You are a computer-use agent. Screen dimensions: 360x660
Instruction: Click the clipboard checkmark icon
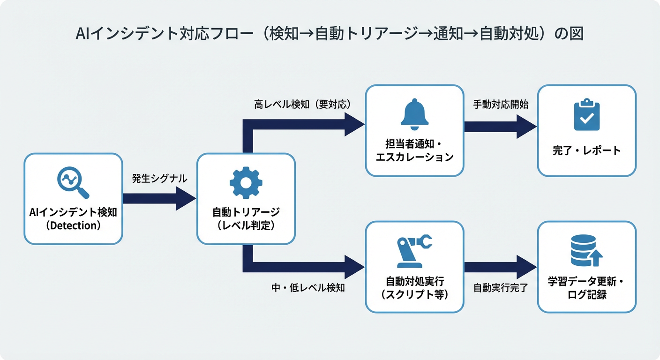click(586, 114)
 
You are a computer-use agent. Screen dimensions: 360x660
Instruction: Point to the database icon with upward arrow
click(586, 251)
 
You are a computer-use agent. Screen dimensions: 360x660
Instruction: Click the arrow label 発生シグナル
click(159, 178)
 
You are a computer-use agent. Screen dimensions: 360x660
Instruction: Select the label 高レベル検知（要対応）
click(303, 104)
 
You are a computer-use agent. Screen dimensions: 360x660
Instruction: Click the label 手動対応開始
click(501, 104)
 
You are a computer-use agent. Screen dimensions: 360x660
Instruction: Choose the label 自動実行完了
click(501, 287)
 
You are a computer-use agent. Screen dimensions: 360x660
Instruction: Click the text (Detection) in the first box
click(73, 225)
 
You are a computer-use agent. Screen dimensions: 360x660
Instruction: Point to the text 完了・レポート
click(586, 150)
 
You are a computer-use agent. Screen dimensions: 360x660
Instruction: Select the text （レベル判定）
click(246, 225)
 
